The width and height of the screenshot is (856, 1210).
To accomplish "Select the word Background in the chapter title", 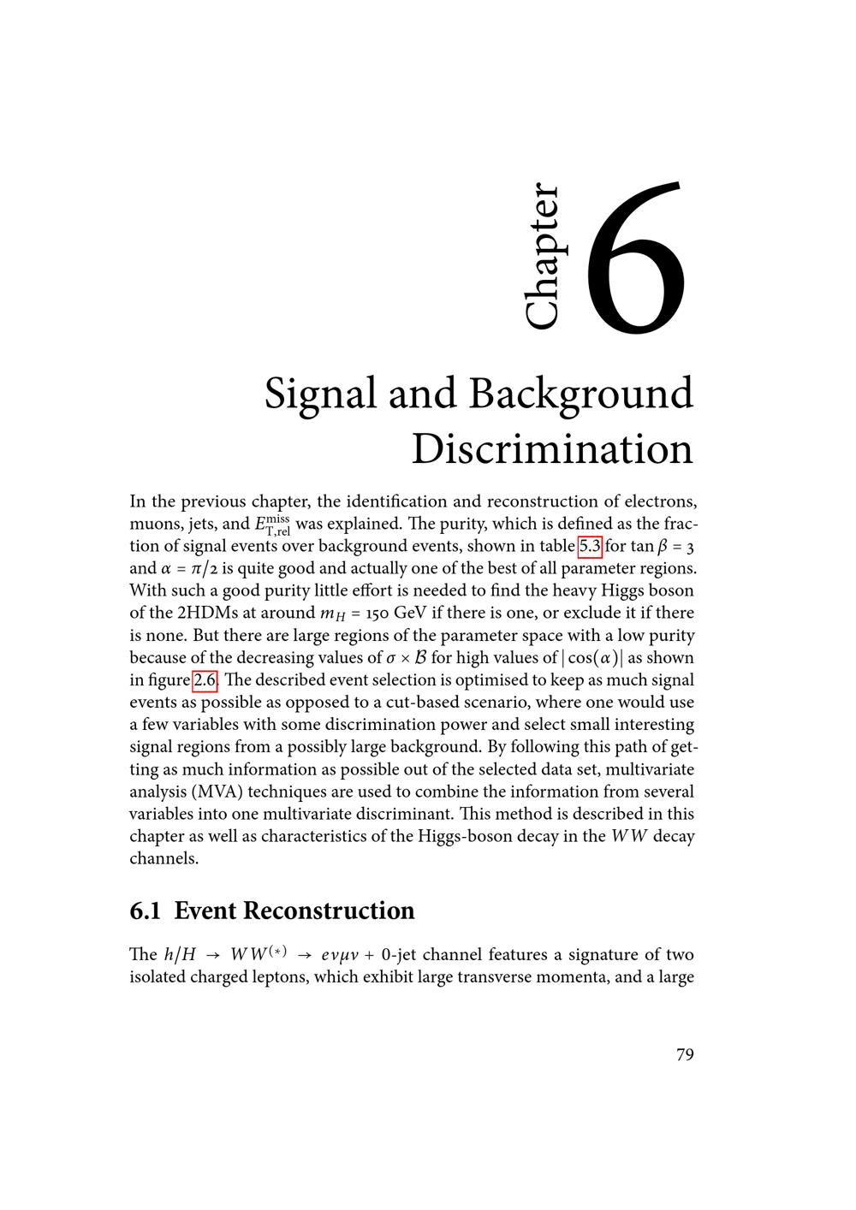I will [x=580, y=395].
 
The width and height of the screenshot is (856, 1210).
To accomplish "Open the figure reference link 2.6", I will [x=205, y=680].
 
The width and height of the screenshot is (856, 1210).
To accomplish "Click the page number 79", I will [x=685, y=1054].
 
